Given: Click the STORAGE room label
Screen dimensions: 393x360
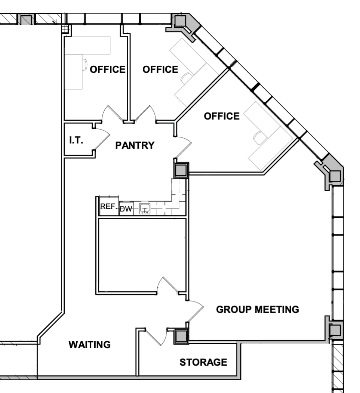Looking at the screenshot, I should coord(203,362).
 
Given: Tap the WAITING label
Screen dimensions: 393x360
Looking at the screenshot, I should coord(89,344).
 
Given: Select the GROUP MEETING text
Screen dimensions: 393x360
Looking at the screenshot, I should coord(258,309).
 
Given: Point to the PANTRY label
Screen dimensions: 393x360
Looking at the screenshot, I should coord(135,145).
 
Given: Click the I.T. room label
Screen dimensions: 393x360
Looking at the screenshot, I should coord(76,140).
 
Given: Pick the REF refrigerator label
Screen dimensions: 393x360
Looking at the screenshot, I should coord(107,207).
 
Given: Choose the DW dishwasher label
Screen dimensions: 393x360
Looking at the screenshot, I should coord(126,209).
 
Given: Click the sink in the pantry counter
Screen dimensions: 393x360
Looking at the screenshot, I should coord(145,209).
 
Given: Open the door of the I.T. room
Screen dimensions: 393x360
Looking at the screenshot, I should coord(100,140).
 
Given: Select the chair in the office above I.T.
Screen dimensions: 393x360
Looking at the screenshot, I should coord(84,64).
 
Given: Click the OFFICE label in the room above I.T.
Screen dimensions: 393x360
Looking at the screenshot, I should coord(108,69).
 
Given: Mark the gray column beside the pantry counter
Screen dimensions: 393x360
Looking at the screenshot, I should coord(181,170).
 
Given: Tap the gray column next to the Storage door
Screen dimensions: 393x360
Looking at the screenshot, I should coord(181,336).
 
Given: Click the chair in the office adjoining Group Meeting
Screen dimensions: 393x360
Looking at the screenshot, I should coord(258,138).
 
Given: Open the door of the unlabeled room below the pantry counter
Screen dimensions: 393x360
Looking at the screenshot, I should coord(166,285).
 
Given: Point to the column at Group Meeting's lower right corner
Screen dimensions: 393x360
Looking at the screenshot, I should coord(334,330).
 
